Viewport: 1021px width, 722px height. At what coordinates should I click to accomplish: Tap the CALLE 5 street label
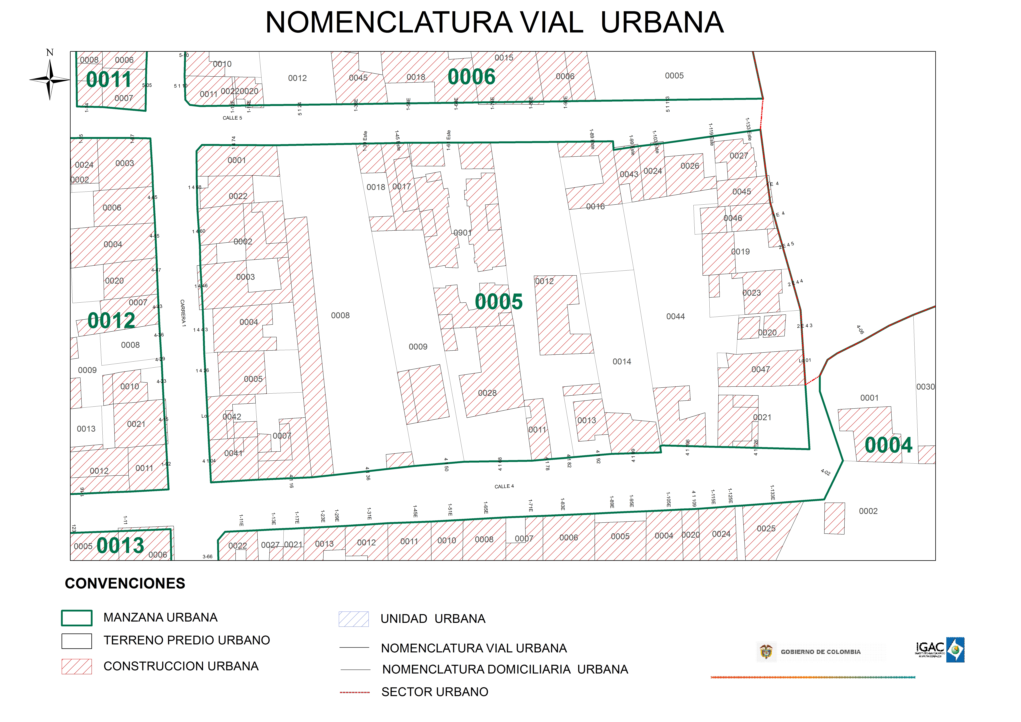pyautogui.click(x=232, y=118)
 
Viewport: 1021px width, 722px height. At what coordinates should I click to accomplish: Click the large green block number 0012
pyautogui.click(x=111, y=320)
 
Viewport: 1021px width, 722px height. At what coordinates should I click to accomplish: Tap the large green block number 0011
pyautogui.click(x=109, y=80)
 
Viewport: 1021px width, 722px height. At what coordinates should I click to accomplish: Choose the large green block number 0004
pyautogui.click(x=888, y=445)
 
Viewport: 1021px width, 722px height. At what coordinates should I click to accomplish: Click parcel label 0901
pyautogui.click(x=462, y=233)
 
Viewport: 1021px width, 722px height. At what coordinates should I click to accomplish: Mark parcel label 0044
pyautogui.click(x=675, y=316)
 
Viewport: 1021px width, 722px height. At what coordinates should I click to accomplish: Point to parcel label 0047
pyautogui.click(x=760, y=369)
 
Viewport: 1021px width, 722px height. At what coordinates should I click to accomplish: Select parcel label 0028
pyautogui.click(x=487, y=393)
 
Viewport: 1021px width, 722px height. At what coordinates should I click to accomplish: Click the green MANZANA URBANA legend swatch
pyautogui.click(x=77, y=618)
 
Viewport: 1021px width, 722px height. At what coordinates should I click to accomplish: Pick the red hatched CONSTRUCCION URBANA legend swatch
pyautogui.click(x=77, y=666)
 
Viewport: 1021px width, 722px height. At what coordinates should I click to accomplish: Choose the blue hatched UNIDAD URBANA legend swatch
pyautogui.click(x=353, y=619)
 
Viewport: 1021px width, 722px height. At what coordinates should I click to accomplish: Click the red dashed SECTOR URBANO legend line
pyautogui.click(x=354, y=692)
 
